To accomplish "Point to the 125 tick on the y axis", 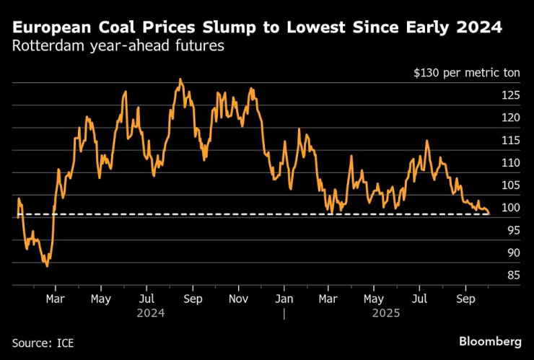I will [x=511, y=95].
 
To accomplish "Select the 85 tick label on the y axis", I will [x=514, y=275].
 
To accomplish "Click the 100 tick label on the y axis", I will [x=511, y=208].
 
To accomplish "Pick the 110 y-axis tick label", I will [x=511, y=163].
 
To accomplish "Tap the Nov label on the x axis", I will [x=239, y=298].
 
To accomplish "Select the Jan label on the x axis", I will [x=284, y=298].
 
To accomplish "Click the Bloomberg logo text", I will [x=490, y=341].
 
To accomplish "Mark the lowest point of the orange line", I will [x=48, y=266].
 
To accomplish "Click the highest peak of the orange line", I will [x=180, y=79].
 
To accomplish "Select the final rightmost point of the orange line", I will [x=489, y=214].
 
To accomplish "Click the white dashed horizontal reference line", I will [x=253, y=214].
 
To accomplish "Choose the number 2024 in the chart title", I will [x=479, y=28].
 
